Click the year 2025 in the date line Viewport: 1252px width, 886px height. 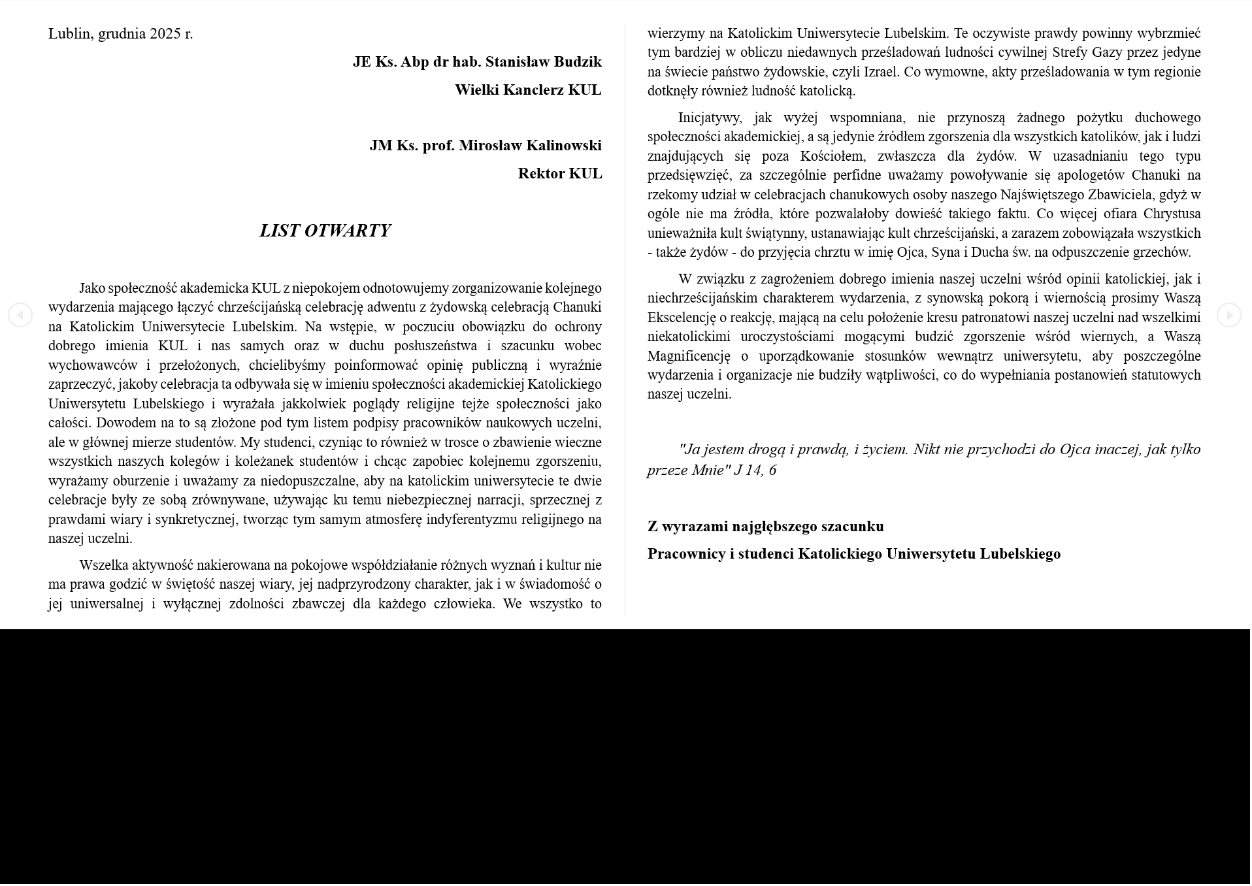coord(165,34)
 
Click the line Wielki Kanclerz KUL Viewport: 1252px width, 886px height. coord(527,90)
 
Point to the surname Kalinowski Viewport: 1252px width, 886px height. coord(563,146)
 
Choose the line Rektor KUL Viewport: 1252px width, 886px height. coord(559,174)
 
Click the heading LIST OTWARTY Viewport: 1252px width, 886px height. coord(325,231)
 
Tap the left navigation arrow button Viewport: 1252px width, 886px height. coord(20,316)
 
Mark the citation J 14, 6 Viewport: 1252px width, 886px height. coord(755,470)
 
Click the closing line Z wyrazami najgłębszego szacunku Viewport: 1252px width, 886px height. coord(765,527)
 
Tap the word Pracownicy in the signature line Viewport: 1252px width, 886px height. coord(686,554)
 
